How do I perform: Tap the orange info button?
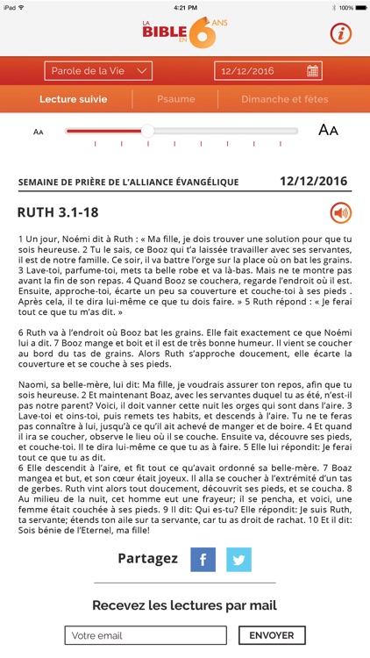point(340,34)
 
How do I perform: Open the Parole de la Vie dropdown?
point(99,71)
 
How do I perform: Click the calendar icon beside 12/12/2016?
point(313,71)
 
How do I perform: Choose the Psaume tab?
point(175,100)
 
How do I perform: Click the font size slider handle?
point(147,131)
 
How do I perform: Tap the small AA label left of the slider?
point(39,132)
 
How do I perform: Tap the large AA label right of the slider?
point(328,131)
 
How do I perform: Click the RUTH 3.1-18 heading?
point(58,212)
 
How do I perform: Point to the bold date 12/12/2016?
point(313,182)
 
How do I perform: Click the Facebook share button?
point(203,559)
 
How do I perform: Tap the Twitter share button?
point(238,559)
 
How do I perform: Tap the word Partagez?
point(148,559)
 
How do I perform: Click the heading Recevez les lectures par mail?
point(185,605)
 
